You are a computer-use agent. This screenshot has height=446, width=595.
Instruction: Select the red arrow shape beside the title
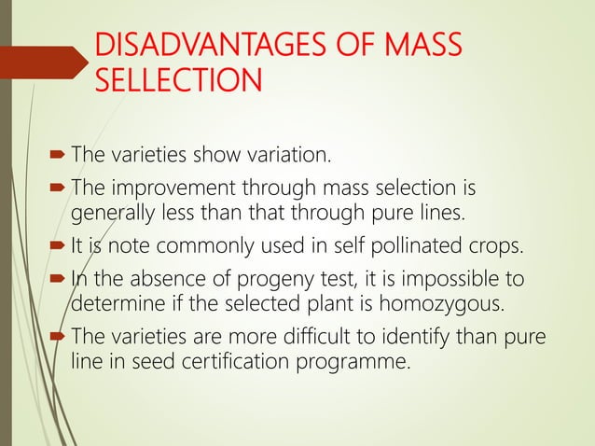tap(47, 63)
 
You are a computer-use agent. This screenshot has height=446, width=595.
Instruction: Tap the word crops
tap(493, 246)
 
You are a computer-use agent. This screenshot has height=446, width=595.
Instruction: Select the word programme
tap(358, 362)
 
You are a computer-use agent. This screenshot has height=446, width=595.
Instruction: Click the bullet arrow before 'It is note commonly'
tap(53, 247)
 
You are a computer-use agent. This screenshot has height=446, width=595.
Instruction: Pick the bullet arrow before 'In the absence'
tap(53, 281)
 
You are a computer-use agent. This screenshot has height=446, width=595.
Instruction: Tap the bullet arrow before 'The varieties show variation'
tap(53, 151)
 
